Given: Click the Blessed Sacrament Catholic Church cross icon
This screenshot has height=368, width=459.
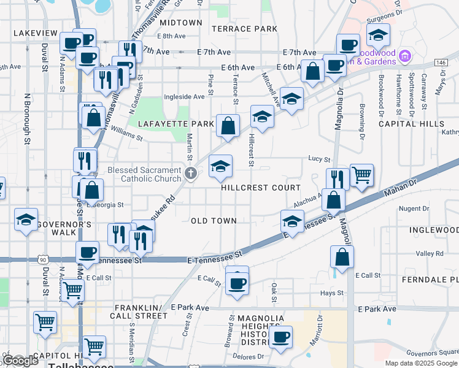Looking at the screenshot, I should click(x=191, y=173).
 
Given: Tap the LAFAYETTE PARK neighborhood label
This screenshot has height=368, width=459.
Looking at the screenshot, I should click(x=175, y=124).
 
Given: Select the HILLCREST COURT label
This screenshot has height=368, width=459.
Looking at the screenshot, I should click(x=261, y=188).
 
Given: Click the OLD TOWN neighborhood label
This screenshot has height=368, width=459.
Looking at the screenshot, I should click(x=214, y=221).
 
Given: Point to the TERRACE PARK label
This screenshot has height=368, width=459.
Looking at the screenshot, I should click(x=244, y=29).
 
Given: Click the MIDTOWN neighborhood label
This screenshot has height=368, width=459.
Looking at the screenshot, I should click(x=180, y=23).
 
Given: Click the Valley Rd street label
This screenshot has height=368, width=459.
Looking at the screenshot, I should click(x=430, y=253).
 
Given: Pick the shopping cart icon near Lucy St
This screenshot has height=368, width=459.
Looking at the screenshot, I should click(x=361, y=174).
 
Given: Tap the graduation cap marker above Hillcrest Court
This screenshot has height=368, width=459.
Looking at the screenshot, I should click(x=221, y=166).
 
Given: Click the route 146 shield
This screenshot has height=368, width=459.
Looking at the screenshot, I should click(x=441, y=63).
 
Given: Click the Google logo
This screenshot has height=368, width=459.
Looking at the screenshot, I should click(x=21, y=361).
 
